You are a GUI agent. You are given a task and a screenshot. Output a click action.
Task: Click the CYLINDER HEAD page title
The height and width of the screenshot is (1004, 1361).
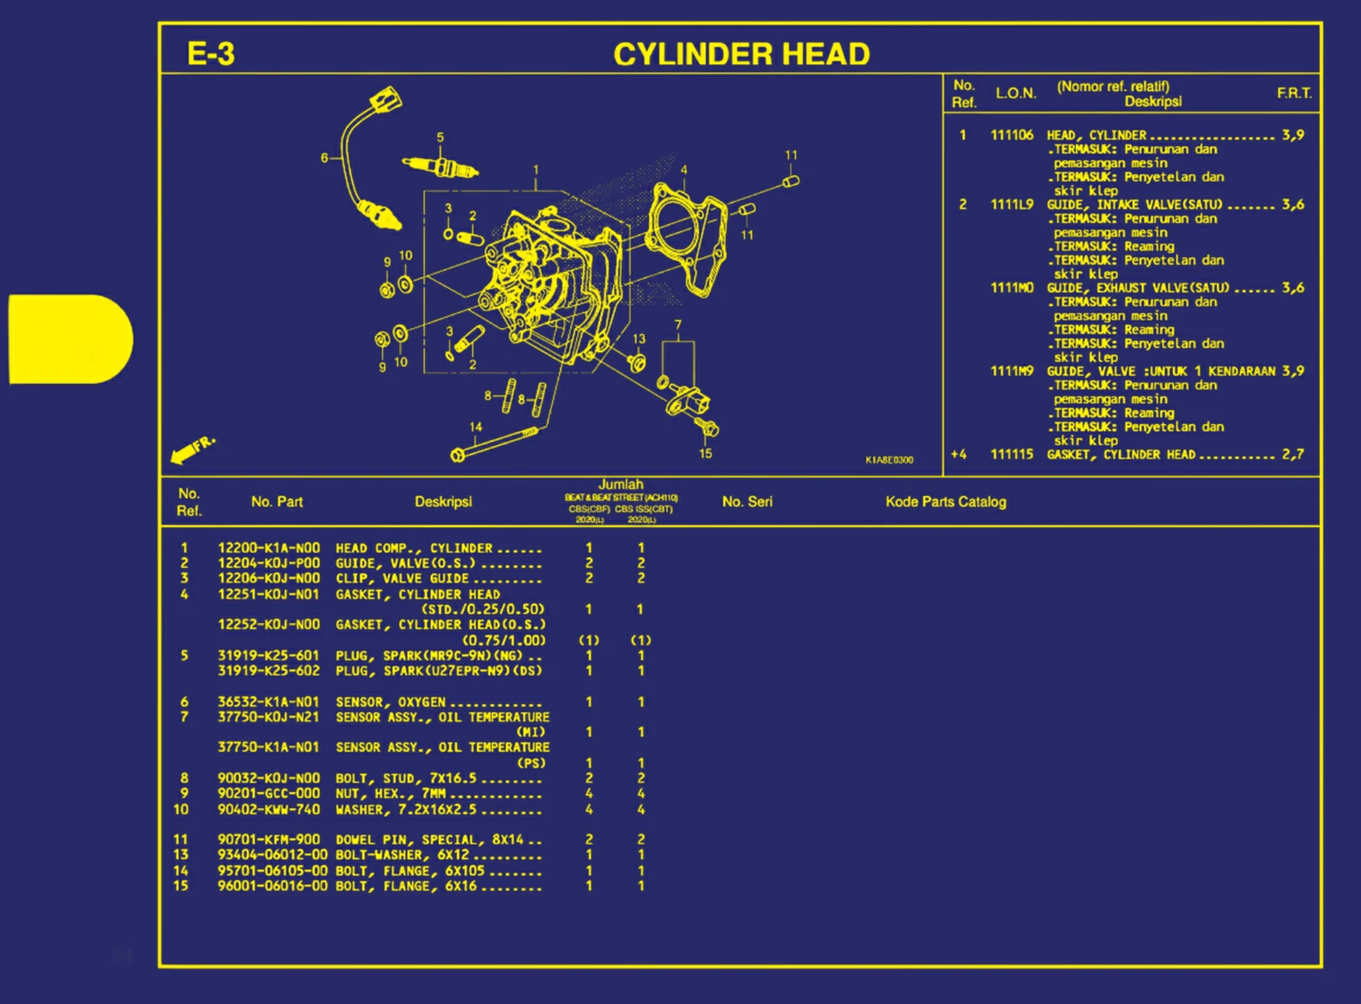tap(741, 54)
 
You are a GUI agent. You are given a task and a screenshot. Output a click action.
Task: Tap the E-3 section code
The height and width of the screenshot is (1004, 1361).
tap(210, 54)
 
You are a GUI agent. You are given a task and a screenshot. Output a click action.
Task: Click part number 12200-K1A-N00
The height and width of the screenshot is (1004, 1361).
tap(268, 549)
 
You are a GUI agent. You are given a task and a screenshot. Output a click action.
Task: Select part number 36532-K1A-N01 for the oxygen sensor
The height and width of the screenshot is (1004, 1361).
tap(268, 702)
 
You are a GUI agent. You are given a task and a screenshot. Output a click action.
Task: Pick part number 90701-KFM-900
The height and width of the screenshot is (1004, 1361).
tap(268, 839)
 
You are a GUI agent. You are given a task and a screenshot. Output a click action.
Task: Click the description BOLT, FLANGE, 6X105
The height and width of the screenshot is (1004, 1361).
tap(410, 871)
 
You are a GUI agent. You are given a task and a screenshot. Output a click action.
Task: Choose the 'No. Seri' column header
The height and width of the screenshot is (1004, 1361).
tap(747, 502)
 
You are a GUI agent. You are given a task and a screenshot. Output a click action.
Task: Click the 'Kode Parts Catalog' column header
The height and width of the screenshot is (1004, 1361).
tap(945, 502)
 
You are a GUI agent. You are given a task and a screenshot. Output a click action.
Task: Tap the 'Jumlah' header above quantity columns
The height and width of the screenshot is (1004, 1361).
tap(621, 485)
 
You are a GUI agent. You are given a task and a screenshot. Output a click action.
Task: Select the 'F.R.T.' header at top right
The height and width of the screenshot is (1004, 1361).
tap(1293, 93)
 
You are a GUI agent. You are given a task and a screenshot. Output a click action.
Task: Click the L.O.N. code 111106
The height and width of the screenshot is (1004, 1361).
tap(1012, 135)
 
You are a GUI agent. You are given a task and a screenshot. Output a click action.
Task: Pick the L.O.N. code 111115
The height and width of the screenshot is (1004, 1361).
tap(1012, 454)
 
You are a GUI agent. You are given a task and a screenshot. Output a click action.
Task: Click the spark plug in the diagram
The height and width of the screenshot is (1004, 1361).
tap(441, 167)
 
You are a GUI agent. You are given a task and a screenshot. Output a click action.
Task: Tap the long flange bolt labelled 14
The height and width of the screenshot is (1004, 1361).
tap(494, 443)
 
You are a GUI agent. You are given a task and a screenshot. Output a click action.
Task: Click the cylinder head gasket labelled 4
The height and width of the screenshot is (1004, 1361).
tap(688, 233)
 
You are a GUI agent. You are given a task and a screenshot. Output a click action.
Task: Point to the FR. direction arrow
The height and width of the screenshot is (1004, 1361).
tap(192, 449)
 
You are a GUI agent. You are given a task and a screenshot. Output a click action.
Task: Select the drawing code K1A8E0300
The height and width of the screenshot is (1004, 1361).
tap(889, 460)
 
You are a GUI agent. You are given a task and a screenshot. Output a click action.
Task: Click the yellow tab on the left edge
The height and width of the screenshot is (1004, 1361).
tap(69, 339)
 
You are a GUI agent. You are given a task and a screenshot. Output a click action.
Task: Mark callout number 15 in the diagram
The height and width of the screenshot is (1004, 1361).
tap(705, 453)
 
